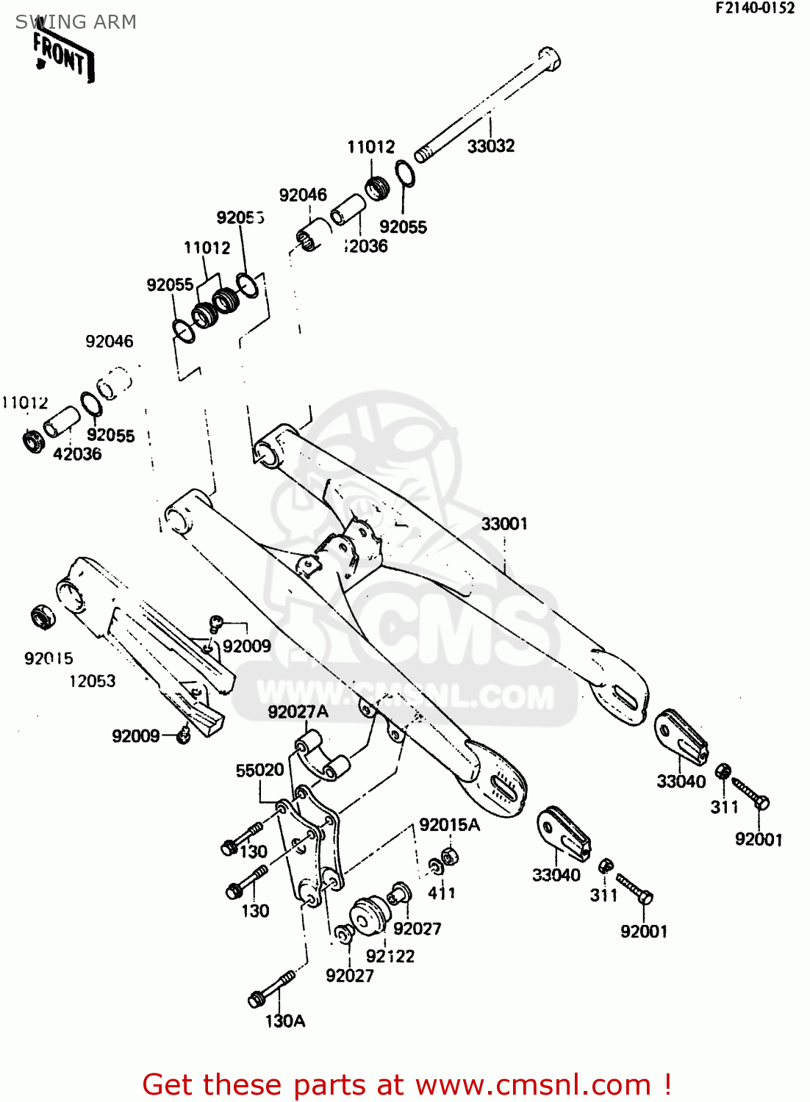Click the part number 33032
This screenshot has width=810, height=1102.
(x=491, y=146)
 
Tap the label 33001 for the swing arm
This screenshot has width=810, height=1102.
(x=504, y=524)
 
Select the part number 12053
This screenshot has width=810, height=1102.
(x=93, y=681)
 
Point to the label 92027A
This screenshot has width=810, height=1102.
(x=298, y=712)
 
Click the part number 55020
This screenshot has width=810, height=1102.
(x=259, y=770)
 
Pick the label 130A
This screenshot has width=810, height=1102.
(x=285, y=1020)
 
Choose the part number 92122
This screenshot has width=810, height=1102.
(x=390, y=956)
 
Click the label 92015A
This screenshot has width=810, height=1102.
(x=449, y=825)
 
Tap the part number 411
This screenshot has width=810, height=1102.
(x=442, y=893)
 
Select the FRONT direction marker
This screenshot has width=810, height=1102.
(x=63, y=57)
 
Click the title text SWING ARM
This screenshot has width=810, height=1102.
(x=76, y=22)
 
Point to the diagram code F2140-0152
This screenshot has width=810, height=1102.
(x=755, y=8)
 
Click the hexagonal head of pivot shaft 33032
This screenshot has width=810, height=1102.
(x=549, y=57)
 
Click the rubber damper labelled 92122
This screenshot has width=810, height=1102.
(x=368, y=915)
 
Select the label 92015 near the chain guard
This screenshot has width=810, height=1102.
(x=49, y=658)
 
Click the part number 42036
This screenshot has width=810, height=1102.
(x=77, y=454)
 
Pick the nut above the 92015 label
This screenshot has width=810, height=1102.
(x=42, y=617)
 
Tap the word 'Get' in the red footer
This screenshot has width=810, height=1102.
(x=170, y=1084)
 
